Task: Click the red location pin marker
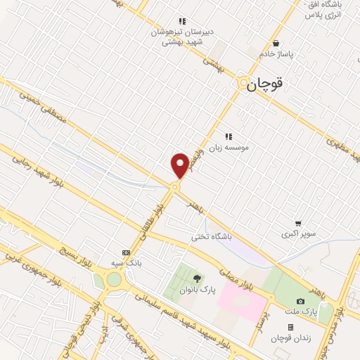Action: click(179, 165)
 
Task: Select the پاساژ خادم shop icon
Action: click(276, 43)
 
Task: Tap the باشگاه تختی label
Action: click(211, 237)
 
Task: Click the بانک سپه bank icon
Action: click(126, 252)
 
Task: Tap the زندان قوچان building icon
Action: click(290, 327)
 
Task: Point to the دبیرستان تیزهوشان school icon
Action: click(182, 21)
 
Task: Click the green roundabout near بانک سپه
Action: click(113, 280)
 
